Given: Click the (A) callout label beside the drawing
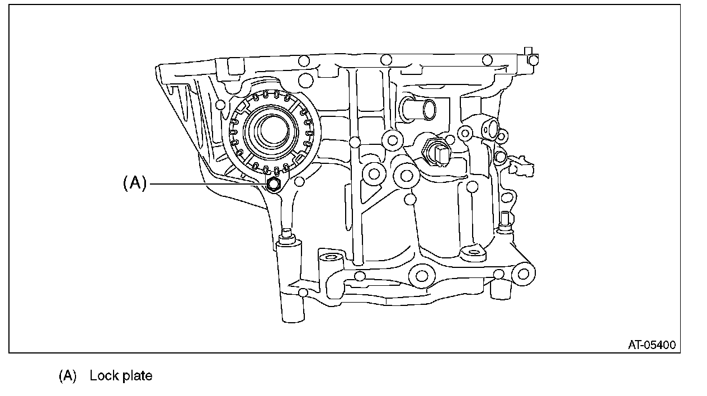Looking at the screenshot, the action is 134,183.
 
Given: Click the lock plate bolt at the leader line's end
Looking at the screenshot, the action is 274,185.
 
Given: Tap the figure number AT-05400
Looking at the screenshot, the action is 651,345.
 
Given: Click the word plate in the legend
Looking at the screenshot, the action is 138,376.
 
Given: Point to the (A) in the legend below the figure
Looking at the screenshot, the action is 67,375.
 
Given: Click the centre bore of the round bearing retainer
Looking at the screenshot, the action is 272,130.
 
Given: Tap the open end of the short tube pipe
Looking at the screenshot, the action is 429,110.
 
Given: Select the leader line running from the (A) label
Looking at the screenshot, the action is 207,183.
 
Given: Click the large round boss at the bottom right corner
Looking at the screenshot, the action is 523,274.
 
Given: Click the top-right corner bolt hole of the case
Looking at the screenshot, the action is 534,59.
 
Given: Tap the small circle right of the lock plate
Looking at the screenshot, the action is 299,181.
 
